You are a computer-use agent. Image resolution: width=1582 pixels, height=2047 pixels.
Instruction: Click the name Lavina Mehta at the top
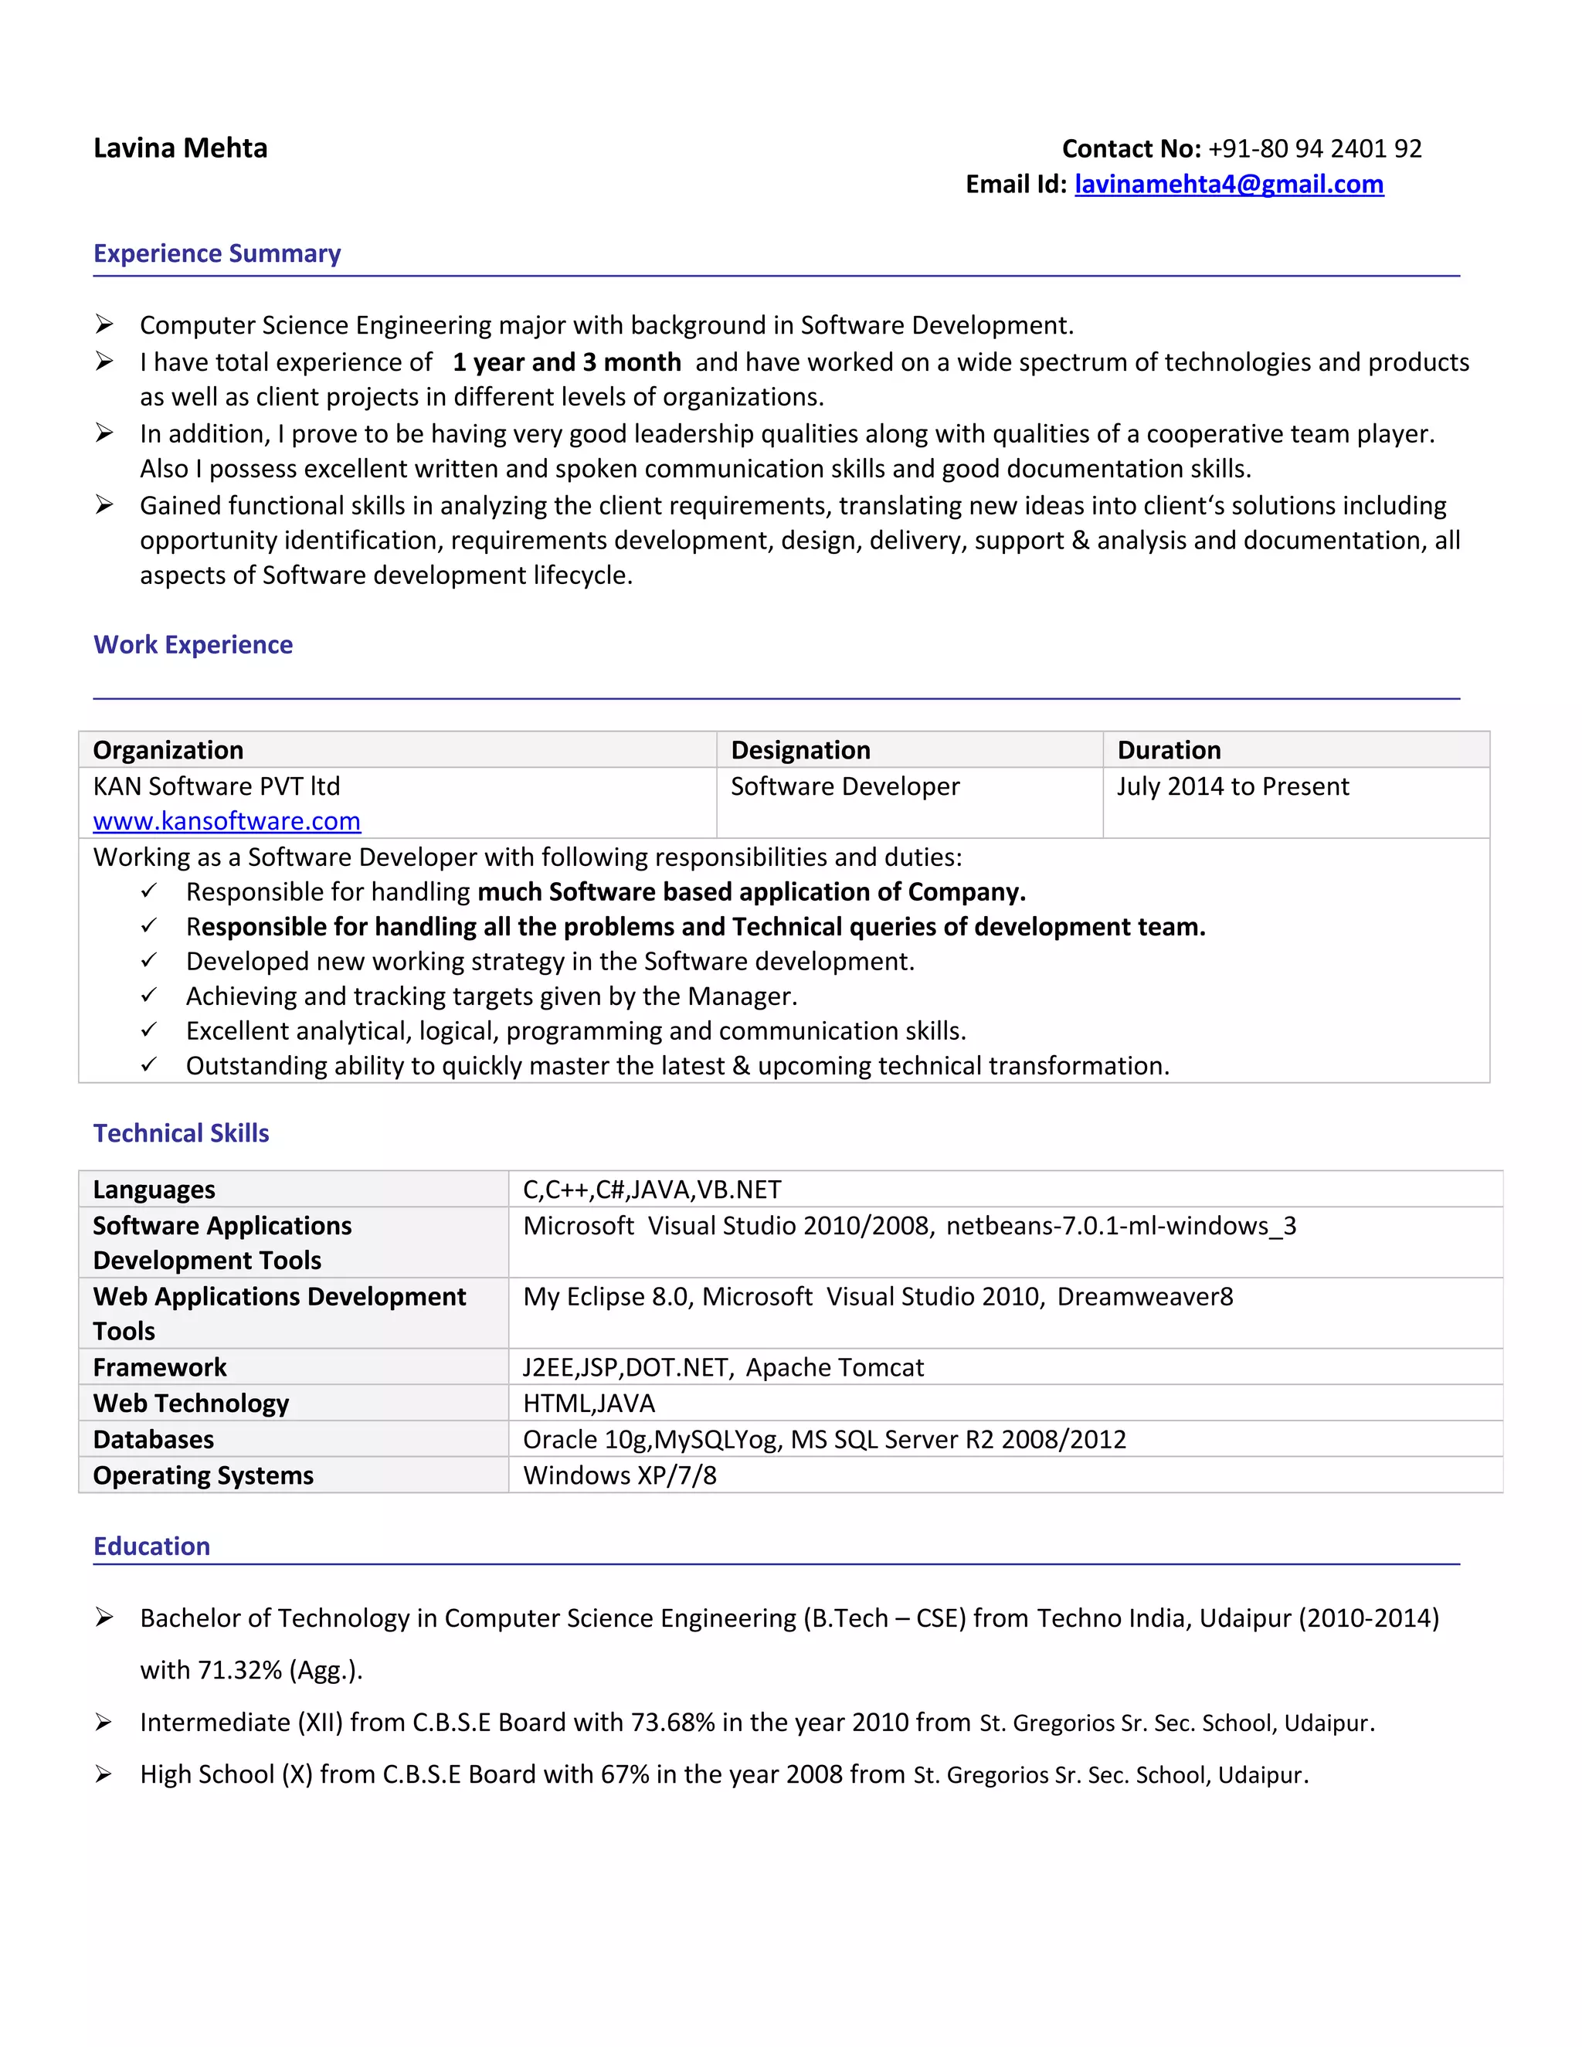180,148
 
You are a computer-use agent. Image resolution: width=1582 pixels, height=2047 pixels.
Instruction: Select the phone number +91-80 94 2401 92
1314,149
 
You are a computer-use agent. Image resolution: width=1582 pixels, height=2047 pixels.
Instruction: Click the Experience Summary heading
216,254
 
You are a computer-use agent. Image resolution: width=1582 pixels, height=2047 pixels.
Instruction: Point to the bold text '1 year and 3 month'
566,363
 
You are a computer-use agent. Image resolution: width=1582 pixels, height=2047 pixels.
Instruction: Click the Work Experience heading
193,645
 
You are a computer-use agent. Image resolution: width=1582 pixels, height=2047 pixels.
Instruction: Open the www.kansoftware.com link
227,821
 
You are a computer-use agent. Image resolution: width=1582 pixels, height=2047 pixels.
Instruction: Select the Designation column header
800,750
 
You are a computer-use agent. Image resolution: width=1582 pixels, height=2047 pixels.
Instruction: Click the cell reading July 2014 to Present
1231,786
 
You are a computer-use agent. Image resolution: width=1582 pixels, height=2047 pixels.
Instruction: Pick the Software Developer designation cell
844,786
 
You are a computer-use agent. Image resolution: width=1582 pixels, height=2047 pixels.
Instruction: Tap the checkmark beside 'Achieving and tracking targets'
149,996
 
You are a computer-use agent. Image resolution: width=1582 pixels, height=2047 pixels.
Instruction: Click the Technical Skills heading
181,1133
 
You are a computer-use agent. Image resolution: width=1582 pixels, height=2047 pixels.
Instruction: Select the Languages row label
154,1190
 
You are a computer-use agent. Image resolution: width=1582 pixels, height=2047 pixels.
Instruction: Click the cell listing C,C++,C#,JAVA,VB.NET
651,1190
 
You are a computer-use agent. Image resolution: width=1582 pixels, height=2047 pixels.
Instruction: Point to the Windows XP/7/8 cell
620,1475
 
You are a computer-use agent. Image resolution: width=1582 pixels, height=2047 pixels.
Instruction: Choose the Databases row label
153,1440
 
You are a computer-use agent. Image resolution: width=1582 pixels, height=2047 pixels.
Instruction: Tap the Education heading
152,1546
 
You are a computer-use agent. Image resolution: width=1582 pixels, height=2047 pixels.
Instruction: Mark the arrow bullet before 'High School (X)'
104,1774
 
